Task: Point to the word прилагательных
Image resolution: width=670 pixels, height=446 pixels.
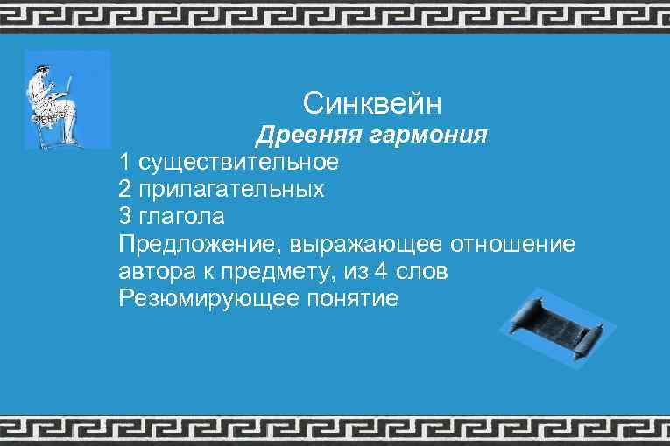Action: pyautogui.click(x=230, y=190)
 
